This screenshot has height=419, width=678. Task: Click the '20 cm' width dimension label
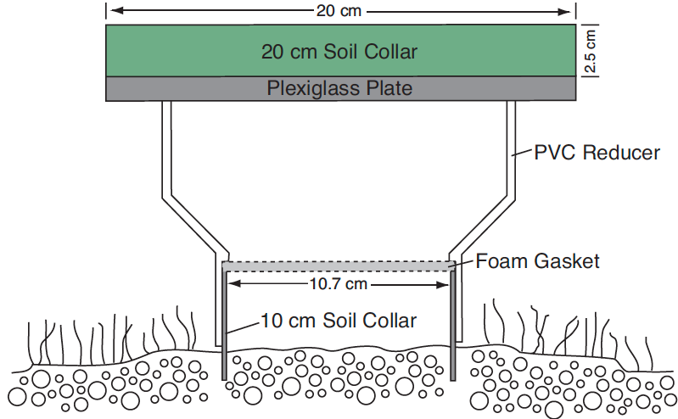339,11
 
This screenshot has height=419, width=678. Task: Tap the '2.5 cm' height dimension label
590,51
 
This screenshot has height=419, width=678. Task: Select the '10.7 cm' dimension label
338,284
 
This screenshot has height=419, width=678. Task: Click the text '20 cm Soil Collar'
339,52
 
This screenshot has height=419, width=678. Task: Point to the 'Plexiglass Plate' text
339,88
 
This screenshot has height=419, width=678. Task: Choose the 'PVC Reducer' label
597,153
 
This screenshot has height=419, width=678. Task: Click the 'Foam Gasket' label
537,261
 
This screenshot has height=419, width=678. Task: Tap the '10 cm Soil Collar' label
339,321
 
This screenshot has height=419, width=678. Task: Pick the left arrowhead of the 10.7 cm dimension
234,284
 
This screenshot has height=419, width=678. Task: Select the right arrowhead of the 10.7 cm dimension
443,284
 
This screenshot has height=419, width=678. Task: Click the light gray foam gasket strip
339,266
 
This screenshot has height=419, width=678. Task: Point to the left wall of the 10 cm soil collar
224,323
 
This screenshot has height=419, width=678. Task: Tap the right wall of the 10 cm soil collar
453,325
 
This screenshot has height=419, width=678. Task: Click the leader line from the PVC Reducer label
523,153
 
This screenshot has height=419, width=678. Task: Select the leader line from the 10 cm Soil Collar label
244,327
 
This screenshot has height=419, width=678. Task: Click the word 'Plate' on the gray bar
389,88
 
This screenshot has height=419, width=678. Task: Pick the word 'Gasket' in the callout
567,261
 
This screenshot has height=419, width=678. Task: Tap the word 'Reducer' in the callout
621,153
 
